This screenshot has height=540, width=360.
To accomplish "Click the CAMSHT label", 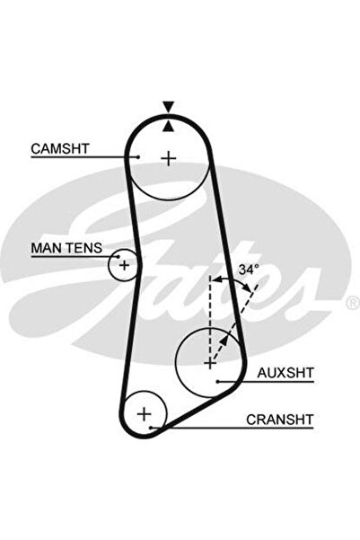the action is click(x=60, y=149).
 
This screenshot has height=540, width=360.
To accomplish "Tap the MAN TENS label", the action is click(x=66, y=248).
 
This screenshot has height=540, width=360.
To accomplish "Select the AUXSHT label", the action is click(x=285, y=373).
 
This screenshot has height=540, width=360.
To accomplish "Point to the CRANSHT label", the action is click(x=280, y=420).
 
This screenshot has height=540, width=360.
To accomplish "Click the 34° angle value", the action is click(x=249, y=270).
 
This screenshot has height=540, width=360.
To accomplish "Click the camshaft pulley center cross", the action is click(x=169, y=158).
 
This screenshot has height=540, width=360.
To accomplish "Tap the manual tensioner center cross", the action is click(x=124, y=265).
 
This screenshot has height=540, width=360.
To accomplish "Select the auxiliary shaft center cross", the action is click(x=209, y=363).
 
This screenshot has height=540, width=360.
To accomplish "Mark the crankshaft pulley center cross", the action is click(x=145, y=413).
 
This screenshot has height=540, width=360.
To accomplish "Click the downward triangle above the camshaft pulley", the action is click(x=168, y=107).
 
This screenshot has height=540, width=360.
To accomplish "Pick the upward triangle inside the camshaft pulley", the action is click(x=168, y=126).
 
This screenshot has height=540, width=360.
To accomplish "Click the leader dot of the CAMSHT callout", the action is click(x=138, y=157).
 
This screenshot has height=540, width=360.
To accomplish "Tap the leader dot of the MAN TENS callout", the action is click(x=119, y=257).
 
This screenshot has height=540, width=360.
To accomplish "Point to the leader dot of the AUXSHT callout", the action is click(x=218, y=381).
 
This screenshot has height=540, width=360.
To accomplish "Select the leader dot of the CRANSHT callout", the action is click(x=151, y=428).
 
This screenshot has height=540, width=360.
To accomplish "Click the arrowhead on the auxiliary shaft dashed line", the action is click(x=224, y=340).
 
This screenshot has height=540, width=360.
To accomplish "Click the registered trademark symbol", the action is click(x=352, y=303).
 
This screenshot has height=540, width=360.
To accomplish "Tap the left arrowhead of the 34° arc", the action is click(x=215, y=279).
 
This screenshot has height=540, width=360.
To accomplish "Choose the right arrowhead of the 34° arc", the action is click(x=249, y=288).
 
